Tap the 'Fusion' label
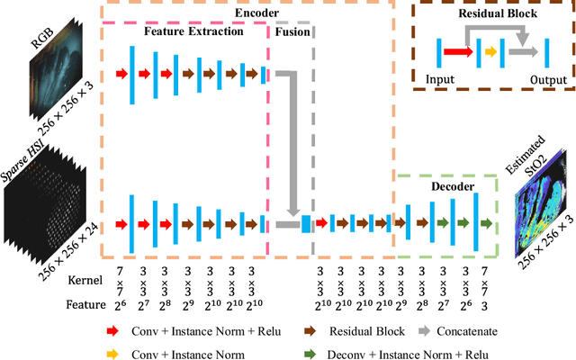click(x=292, y=31)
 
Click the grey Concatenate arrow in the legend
click(x=438, y=330)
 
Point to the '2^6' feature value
click(x=120, y=304)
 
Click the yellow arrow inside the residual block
click(x=490, y=52)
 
